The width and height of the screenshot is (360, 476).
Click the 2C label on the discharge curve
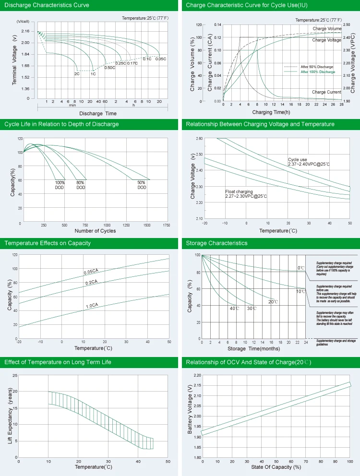click(x=77, y=74)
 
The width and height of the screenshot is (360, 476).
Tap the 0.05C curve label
click(x=161, y=59)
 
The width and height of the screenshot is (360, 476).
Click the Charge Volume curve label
click(x=327, y=29)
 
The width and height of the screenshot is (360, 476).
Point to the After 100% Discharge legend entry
click(x=317, y=71)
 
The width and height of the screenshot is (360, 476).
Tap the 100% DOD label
click(x=60, y=185)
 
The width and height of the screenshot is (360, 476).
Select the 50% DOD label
click(x=142, y=185)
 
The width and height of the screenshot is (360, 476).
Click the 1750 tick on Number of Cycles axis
click(x=167, y=225)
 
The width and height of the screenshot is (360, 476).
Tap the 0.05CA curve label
click(x=92, y=272)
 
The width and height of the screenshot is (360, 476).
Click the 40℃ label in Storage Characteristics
click(x=234, y=308)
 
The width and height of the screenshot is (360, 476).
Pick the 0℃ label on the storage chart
click(x=301, y=268)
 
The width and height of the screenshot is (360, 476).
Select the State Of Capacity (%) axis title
click(x=276, y=467)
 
